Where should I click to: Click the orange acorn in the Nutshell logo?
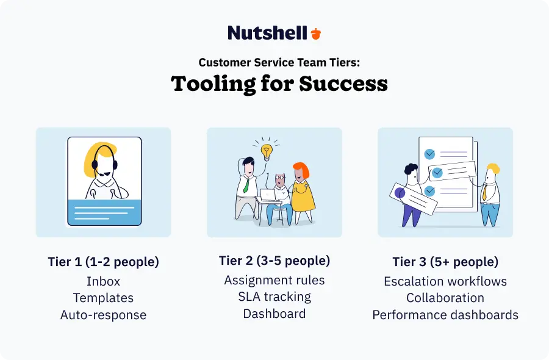tap(316, 34)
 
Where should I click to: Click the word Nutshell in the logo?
tap(268, 33)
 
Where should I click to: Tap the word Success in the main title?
tap(343, 84)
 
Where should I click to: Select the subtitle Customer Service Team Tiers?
tap(279, 62)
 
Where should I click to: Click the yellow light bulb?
tap(267, 152)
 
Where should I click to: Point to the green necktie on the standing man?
tap(246, 185)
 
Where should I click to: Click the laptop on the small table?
tap(268, 195)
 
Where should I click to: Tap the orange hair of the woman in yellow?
tap(301, 169)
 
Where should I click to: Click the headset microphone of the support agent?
tap(101, 174)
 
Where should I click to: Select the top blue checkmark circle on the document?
tap(429, 154)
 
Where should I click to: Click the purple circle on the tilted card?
tap(400, 193)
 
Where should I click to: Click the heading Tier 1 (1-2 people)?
tap(103, 262)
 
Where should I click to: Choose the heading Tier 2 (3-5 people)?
tap(274, 261)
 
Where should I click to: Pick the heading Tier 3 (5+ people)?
tap(445, 262)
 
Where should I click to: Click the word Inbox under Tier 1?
tap(103, 281)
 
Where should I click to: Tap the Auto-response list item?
tap(103, 315)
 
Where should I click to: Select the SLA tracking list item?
tap(274, 297)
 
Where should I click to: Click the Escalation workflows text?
tap(445, 281)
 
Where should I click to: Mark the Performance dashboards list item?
tap(445, 315)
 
